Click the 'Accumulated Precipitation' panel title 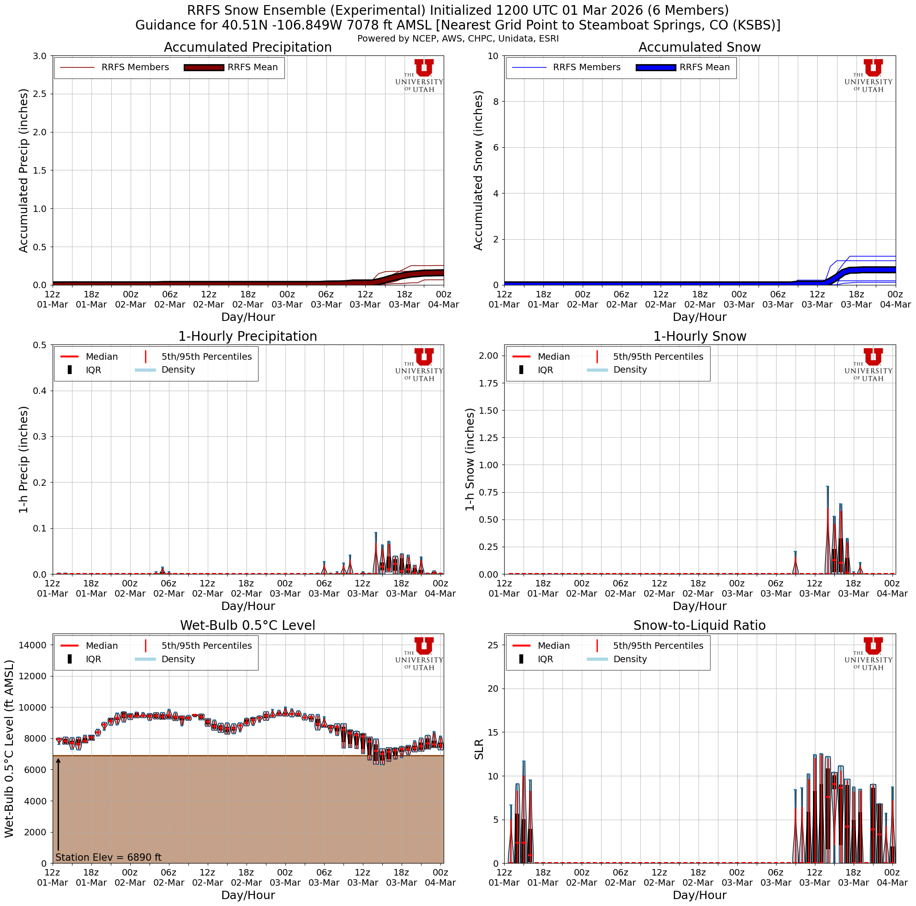(x=247, y=48)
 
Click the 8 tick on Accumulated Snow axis (x=494, y=102)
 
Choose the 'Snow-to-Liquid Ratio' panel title (x=699, y=625)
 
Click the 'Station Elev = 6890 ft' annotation (x=108, y=857)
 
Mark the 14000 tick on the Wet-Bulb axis (x=33, y=645)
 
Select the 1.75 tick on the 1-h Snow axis (x=488, y=383)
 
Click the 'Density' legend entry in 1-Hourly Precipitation (x=178, y=370)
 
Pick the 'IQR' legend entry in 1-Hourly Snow (x=545, y=370)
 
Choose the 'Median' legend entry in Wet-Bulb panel (x=102, y=646)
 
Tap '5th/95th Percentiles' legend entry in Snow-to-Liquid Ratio (x=658, y=646)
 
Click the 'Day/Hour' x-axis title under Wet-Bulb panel (x=248, y=895)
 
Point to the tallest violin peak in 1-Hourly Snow (x=827, y=486)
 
